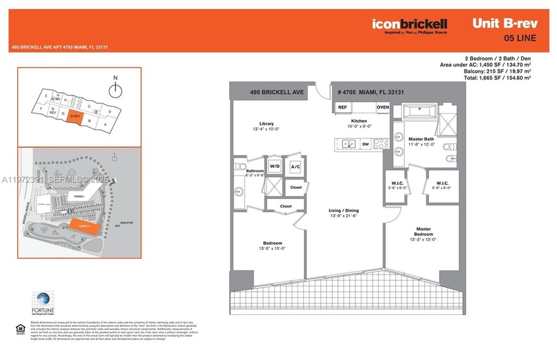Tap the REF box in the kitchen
tap(343, 107)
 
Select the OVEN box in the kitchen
tap(383, 107)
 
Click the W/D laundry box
tap(274, 166)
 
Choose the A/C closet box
tap(295, 166)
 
